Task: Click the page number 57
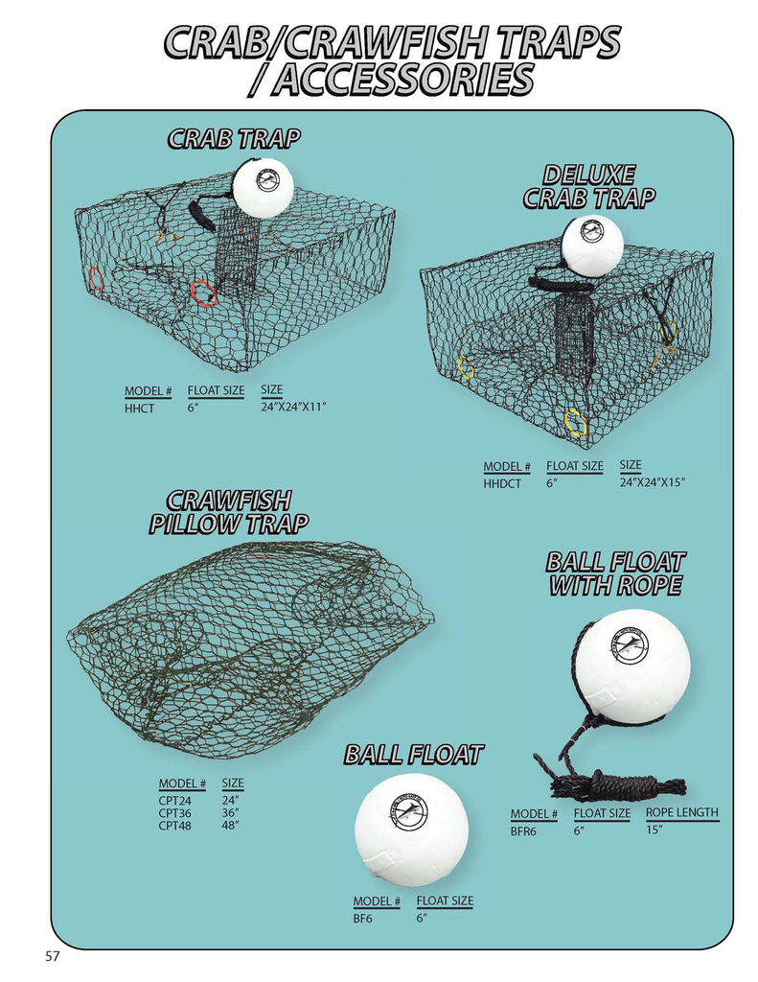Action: click(x=53, y=957)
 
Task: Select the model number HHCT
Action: click(x=139, y=409)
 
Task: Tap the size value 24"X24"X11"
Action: click(x=294, y=408)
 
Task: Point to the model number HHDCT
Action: click(x=502, y=484)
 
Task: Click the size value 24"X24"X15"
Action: click(x=653, y=482)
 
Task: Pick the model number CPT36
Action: click(x=174, y=813)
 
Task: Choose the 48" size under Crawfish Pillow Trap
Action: click(x=230, y=825)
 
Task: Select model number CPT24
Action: click(x=174, y=801)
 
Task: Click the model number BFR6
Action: click(x=523, y=831)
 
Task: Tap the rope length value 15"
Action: click(x=655, y=830)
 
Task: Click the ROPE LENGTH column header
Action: click(x=681, y=812)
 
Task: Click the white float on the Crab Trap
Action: click(x=264, y=187)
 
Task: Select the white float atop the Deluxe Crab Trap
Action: click(x=592, y=242)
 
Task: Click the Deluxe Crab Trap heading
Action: click(x=588, y=186)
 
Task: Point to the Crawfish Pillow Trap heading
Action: click(x=229, y=512)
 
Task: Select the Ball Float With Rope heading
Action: click(x=615, y=573)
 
